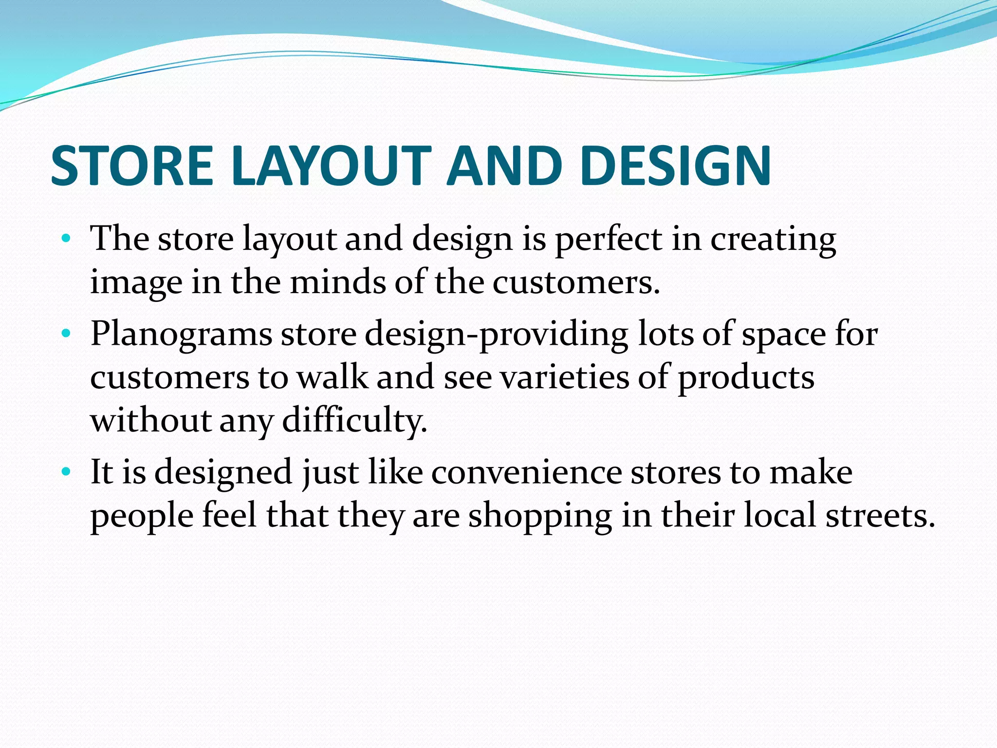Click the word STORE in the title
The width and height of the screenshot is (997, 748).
point(132,166)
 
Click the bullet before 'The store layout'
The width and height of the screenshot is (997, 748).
point(66,239)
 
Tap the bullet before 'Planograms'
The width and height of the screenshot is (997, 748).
point(66,334)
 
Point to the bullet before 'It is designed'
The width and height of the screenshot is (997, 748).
point(66,471)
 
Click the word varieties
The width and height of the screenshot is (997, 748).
point(565,377)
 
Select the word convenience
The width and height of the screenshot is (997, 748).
point(526,472)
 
